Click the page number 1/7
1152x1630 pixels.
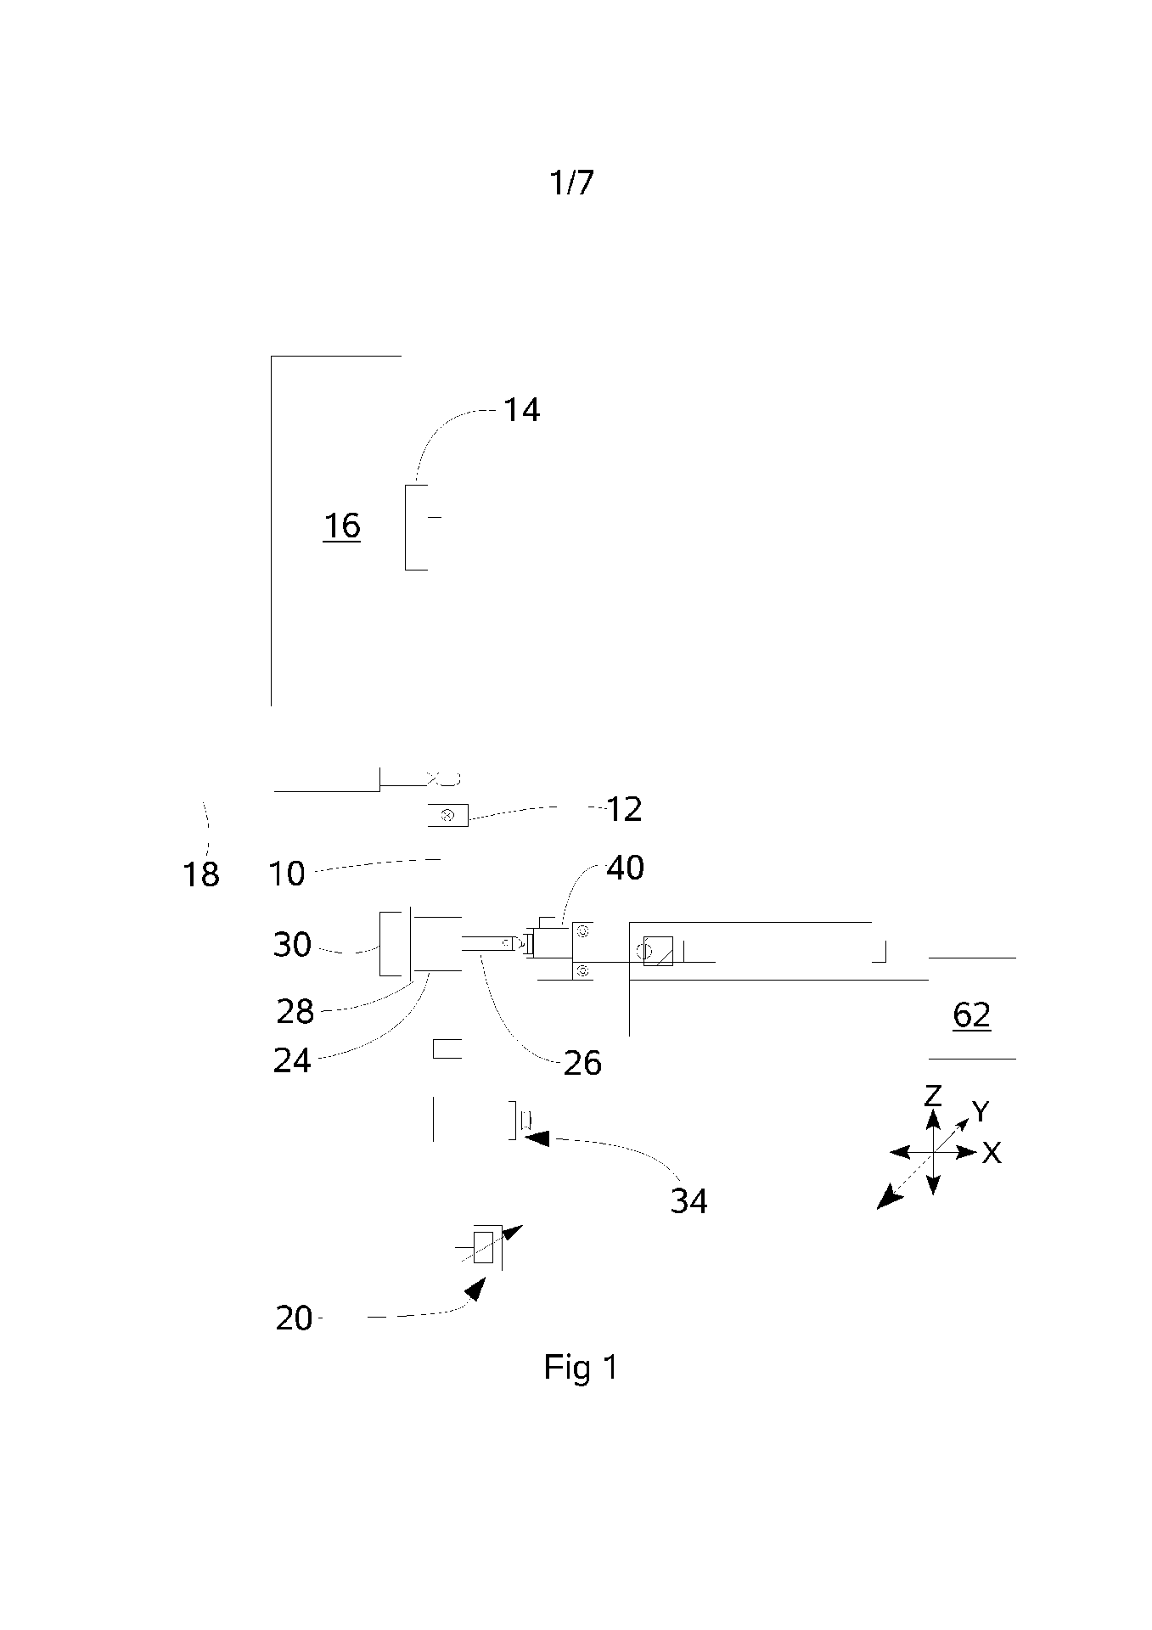[571, 183]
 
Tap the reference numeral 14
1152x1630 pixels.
[521, 410]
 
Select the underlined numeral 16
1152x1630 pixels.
[341, 526]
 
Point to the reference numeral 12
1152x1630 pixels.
[624, 809]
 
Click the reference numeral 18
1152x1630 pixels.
[201, 874]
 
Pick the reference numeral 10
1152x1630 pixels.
[287, 874]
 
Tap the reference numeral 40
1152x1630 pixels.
[625, 868]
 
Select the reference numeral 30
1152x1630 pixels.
[292, 945]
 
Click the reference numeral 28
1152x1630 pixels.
[295, 1011]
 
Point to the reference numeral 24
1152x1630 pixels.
[292, 1060]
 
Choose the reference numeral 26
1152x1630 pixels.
[582, 1063]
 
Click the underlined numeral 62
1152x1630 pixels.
[971, 1015]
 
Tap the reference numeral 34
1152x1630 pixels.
[688, 1200]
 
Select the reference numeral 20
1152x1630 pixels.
[294, 1318]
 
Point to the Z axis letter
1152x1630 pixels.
[933, 1095]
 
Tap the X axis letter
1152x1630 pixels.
[991, 1153]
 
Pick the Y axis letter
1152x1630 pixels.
[981, 1110]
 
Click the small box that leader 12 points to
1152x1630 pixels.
[447, 815]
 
